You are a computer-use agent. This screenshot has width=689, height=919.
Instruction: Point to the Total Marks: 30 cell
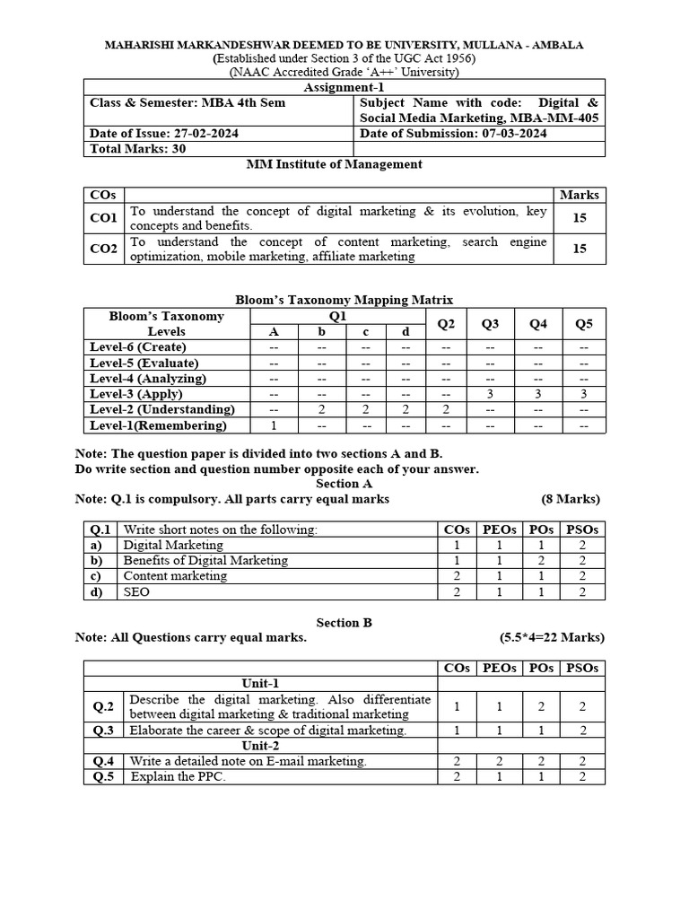[x=138, y=149]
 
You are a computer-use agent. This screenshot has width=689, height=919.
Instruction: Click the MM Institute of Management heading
[x=334, y=164]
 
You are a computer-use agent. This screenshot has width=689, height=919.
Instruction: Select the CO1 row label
[x=103, y=218]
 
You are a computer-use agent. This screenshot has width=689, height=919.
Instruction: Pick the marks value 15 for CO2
[x=580, y=249]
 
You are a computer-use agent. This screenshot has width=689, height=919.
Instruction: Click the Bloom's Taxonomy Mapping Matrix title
[x=344, y=301]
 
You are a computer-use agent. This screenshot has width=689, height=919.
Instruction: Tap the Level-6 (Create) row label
[x=138, y=346]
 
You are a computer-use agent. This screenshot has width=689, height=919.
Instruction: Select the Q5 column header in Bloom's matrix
[x=584, y=323]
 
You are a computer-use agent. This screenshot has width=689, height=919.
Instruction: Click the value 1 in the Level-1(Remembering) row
[x=274, y=425]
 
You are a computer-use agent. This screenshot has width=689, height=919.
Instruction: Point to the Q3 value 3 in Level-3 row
[x=490, y=394]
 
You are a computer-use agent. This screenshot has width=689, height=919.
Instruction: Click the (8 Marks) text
[x=571, y=499]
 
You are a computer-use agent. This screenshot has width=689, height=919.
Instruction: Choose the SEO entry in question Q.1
[x=136, y=592]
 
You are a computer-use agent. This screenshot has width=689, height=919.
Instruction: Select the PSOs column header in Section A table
[x=582, y=530]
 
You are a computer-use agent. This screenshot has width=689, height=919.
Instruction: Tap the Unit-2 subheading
[x=260, y=746]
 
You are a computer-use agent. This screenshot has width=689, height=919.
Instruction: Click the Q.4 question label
[x=103, y=761]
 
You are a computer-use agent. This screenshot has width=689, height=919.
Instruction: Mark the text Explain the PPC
[x=178, y=776]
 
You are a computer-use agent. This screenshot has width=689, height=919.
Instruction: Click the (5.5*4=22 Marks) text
[x=552, y=637]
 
